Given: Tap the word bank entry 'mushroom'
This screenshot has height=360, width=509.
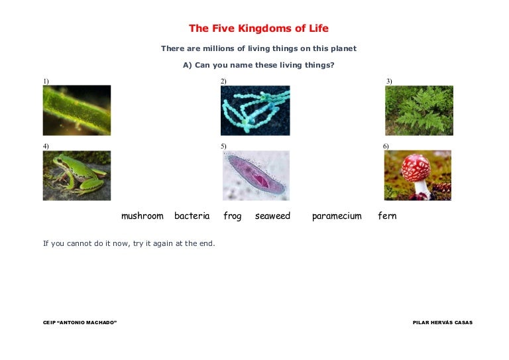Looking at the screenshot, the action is coord(142,216).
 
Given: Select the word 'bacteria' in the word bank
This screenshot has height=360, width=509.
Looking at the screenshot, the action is coord(192,215).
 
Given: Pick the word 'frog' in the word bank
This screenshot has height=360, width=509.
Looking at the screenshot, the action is coord(233,216).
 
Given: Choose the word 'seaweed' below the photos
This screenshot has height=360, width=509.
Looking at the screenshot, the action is coord(272,216).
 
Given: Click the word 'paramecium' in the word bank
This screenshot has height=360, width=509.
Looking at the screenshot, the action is coord(337,217).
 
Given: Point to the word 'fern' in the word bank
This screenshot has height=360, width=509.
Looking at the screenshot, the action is coord(387,215).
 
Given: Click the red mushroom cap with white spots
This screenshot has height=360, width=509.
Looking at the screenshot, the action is coord(416,168).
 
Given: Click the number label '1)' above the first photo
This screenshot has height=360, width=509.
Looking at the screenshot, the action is coord(46,81).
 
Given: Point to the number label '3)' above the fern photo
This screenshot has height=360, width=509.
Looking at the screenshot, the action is coord(389,81).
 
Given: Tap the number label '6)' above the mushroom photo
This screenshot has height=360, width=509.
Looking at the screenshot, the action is coord(386,146).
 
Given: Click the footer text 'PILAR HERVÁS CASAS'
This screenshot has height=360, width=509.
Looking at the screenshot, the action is coord(443,322).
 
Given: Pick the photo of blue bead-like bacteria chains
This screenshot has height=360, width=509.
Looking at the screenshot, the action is coord(255,110).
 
